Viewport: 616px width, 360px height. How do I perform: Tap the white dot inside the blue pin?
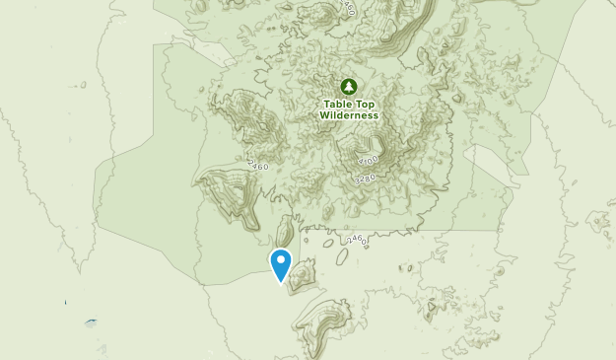[x=281, y=260]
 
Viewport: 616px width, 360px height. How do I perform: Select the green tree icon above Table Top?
[x=348, y=86]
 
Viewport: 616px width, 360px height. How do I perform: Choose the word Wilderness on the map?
[x=349, y=114]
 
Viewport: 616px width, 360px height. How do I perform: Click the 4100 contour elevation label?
[x=370, y=160]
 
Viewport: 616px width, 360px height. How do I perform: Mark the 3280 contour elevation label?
[x=366, y=179]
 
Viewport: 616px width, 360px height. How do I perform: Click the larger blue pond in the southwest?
[x=91, y=322]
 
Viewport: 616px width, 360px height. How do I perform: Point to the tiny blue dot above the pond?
[x=66, y=302]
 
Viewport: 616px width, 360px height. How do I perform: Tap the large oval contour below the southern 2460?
[x=341, y=255]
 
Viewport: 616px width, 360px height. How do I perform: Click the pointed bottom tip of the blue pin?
[x=281, y=282]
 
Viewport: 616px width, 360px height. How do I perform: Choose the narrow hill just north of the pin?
[x=284, y=233]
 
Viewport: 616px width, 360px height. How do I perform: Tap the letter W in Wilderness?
[x=323, y=114]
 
